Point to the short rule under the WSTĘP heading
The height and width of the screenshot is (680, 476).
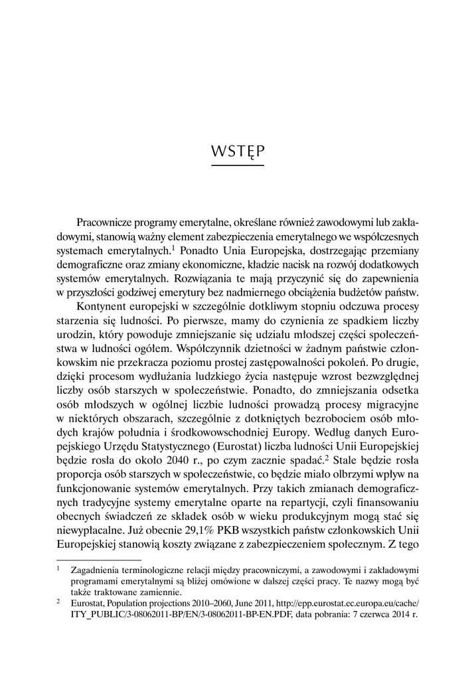coord(237,165)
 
